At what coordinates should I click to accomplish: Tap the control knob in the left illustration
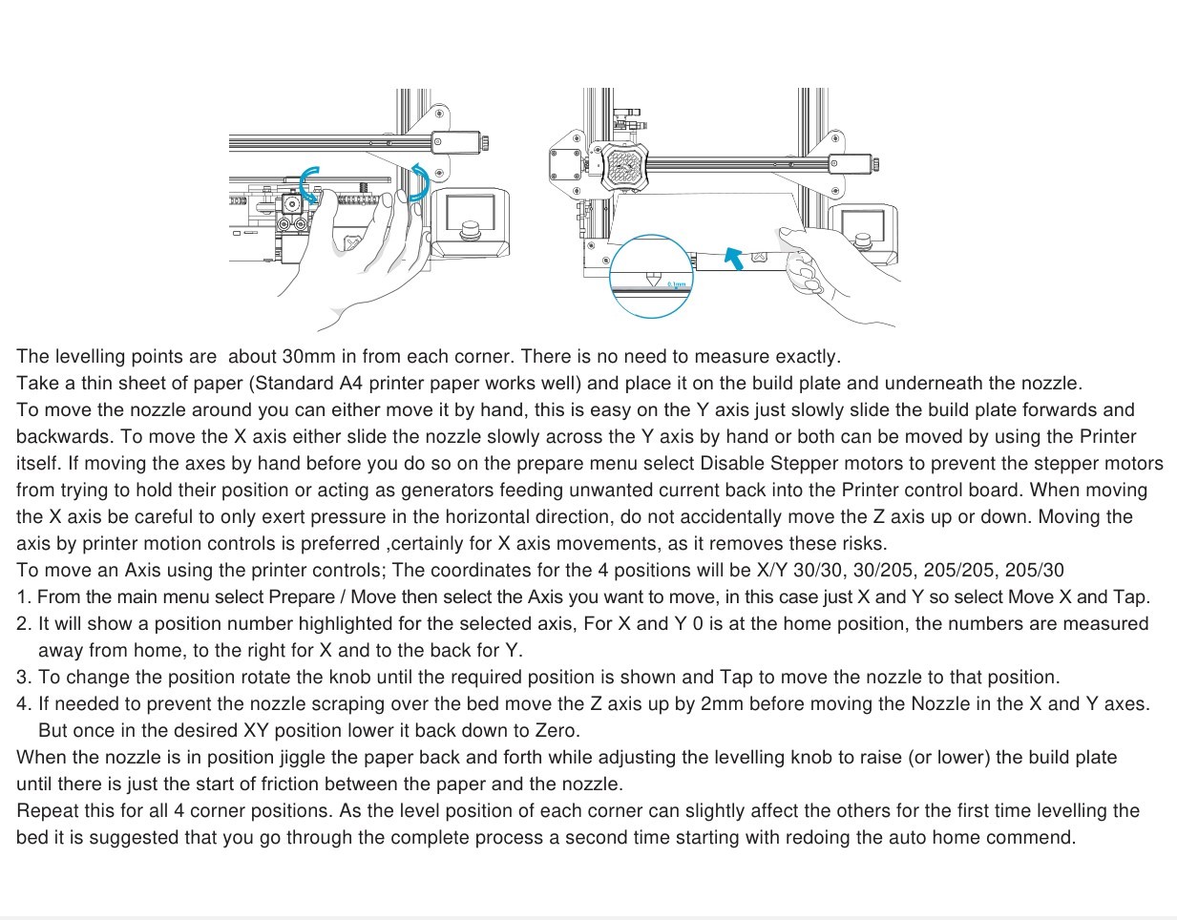point(470,230)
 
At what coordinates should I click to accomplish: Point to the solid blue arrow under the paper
point(733,257)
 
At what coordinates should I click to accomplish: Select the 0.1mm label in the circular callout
point(676,284)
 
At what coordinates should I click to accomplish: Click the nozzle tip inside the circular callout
point(653,281)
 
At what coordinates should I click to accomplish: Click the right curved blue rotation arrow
point(419,181)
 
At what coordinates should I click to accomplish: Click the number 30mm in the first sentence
point(306,357)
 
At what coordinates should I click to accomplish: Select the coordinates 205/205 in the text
point(957,571)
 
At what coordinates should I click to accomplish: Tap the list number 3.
point(24,678)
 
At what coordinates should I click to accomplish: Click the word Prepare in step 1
point(301,597)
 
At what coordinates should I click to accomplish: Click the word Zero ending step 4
point(556,731)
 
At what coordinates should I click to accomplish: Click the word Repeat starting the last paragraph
point(47,811)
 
